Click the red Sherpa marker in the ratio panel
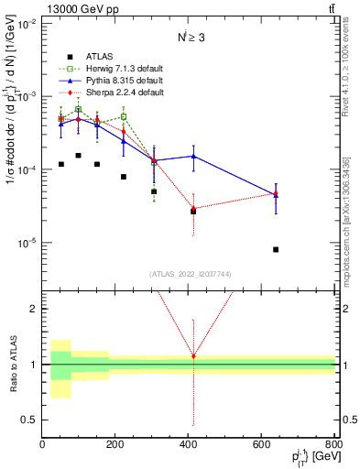pos(193,355)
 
